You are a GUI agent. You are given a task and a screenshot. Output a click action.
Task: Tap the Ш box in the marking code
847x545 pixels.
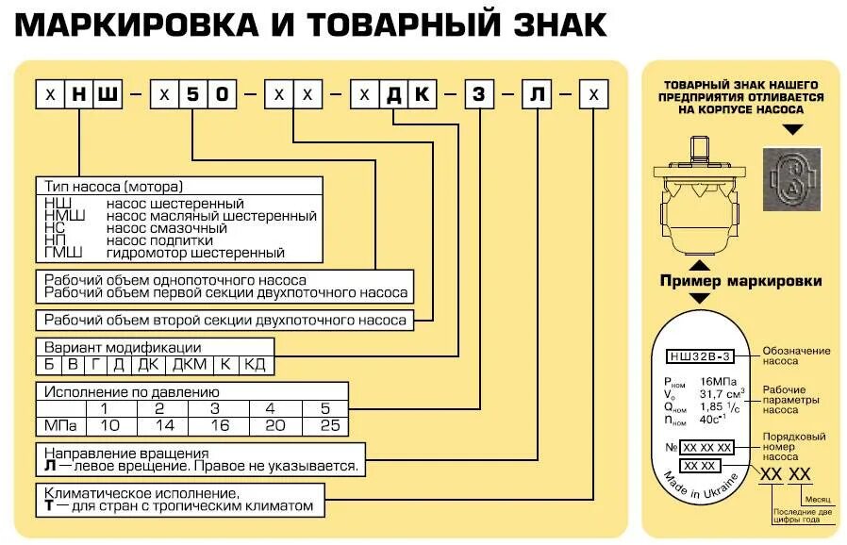click(108, 96)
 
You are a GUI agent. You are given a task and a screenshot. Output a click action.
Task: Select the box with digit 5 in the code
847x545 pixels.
click(193, 96)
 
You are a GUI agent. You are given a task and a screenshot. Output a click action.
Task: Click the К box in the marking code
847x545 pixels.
click(423, 96)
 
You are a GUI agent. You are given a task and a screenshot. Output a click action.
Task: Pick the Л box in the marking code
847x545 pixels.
click(537, 96)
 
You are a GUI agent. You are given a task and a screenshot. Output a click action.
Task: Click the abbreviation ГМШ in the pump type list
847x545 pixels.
click(64, 253)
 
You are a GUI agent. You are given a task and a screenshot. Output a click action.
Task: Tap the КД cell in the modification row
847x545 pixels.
click(256, 364)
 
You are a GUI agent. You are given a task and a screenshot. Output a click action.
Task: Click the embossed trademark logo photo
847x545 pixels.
click(789, 177)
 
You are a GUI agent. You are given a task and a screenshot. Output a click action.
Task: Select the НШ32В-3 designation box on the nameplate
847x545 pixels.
click(701, 356)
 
